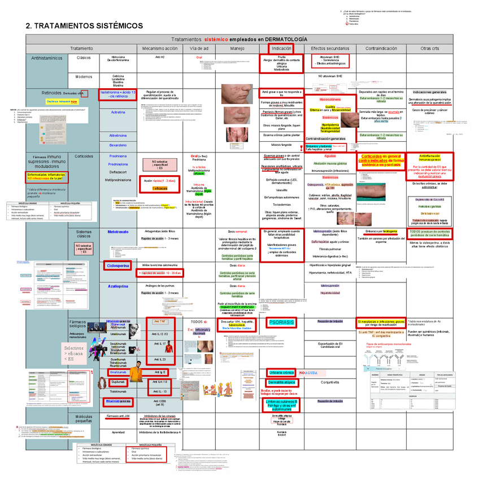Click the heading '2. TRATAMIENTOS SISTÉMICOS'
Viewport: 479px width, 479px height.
[x=85, y=26]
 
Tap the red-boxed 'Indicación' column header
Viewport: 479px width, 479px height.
[x=282, y=49]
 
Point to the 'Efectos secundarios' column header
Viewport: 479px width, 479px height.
[x=330, y=49]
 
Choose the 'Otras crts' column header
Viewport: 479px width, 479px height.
[x=430, y=49]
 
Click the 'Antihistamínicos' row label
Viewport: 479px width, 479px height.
[x=47, y=58]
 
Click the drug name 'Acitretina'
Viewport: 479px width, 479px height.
[x=118, y=112]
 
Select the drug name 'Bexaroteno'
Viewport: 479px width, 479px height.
[x=118, y=145]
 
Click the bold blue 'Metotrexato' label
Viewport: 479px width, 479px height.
[x=119, y=232]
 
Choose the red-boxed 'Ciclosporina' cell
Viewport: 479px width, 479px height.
[x=119, y=265]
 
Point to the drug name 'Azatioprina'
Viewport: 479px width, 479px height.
[x=119, y=286]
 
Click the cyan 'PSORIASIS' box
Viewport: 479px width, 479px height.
[x=282, y=322]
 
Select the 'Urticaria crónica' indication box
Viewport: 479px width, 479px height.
[x=283, y=373]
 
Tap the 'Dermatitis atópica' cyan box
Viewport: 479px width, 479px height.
[x=283, y=382]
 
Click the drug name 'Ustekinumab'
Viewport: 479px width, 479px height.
[x=118, y=335]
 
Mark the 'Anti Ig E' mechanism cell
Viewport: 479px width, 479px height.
[x=160, y=373]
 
